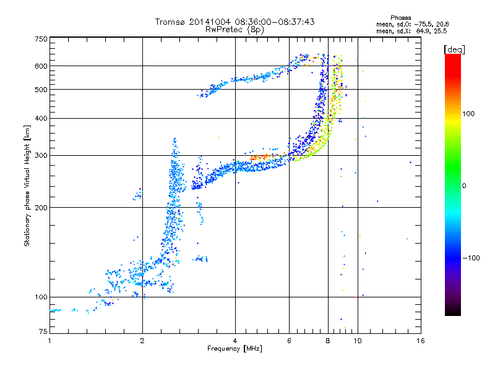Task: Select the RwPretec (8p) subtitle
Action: (235, 30)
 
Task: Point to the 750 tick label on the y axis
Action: (41, 39)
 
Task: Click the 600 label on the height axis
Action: (41, 66)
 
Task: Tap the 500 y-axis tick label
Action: (41, 90)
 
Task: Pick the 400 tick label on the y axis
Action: (41, 119)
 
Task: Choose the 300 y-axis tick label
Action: (41, 156)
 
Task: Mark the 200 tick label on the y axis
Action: (41, 208)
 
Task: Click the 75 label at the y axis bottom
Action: (43, 331)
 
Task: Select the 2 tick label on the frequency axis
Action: (142, 341)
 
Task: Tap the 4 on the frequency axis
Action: (235, 341)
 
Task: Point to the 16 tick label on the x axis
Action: (421, 341)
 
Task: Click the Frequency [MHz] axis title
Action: (235, 349)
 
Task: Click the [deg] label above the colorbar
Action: (454, 50)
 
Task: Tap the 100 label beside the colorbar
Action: (468, 114)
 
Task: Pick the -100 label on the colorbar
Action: (471, 258)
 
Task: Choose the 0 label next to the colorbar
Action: (464, 186)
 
